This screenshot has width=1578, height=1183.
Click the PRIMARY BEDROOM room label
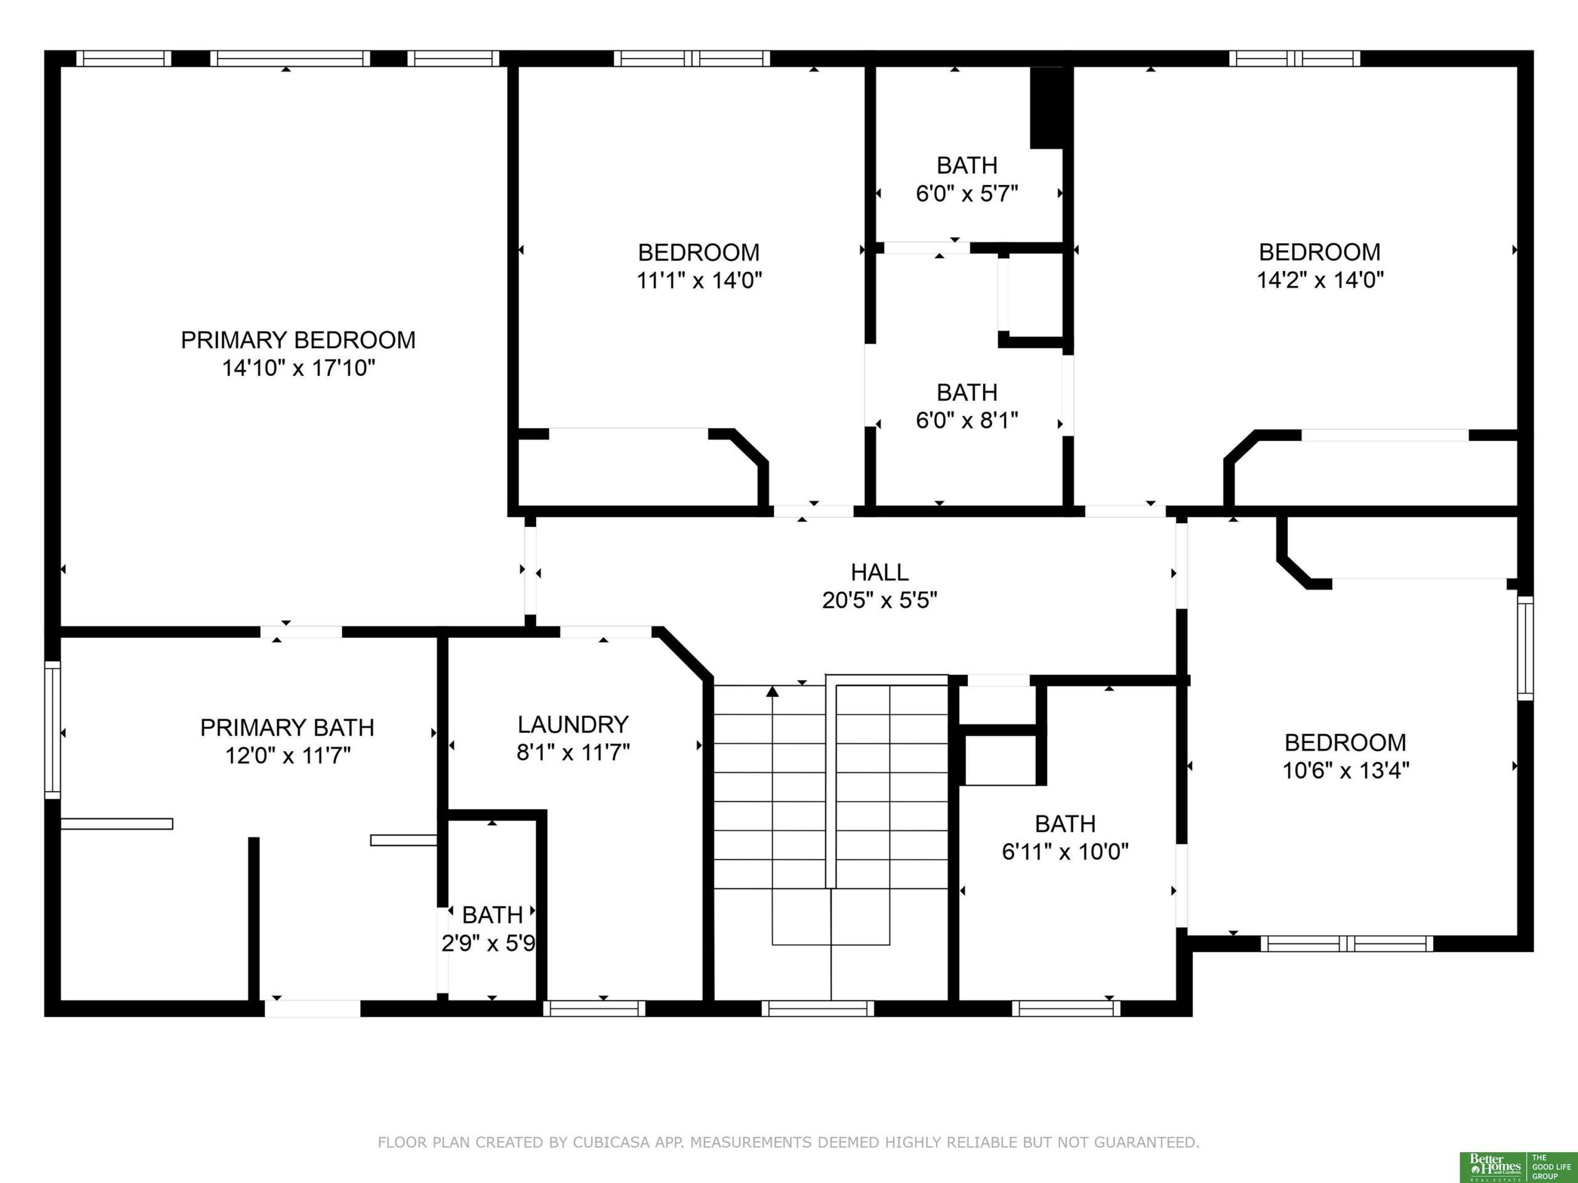298,340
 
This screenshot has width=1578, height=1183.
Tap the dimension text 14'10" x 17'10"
299,368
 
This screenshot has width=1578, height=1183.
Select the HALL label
880,572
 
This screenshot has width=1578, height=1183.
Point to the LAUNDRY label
573,725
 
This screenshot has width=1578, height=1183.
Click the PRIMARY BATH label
287,727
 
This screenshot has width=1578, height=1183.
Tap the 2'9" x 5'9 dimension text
489,943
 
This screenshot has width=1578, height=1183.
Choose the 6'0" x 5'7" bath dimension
967,193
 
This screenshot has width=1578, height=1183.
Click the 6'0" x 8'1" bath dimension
967,421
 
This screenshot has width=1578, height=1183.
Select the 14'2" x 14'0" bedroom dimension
1320,280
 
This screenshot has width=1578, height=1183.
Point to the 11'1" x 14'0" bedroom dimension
699,280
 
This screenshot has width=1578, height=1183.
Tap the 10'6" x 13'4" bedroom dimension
1346,771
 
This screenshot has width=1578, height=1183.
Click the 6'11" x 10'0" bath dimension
1065,852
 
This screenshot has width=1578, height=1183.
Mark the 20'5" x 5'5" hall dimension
880,600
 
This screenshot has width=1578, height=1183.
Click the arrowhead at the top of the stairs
772,690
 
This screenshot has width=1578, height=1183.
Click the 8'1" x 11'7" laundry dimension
573,752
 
